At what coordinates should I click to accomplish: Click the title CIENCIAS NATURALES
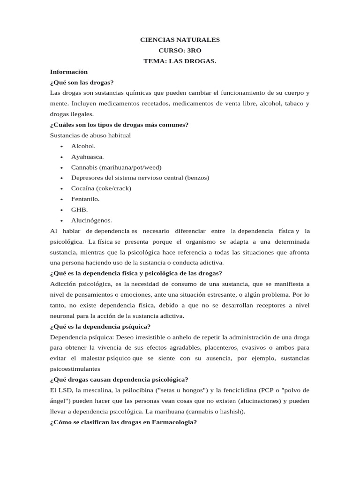180,40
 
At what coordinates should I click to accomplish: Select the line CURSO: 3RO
180,51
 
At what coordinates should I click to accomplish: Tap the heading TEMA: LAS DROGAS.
180,61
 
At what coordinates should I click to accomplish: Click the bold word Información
69,72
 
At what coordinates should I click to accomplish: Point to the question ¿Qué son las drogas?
82,82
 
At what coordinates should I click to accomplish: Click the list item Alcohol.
83,146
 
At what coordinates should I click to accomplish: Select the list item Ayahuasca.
88,157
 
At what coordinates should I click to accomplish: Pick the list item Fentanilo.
85,199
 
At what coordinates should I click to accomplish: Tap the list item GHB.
80,210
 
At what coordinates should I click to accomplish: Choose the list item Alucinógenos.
91,220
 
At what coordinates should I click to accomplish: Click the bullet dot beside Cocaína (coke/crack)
61,189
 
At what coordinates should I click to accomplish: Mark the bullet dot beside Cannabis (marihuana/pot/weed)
61,168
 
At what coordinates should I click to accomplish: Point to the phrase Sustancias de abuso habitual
90,135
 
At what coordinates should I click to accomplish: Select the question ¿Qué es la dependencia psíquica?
100,327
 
